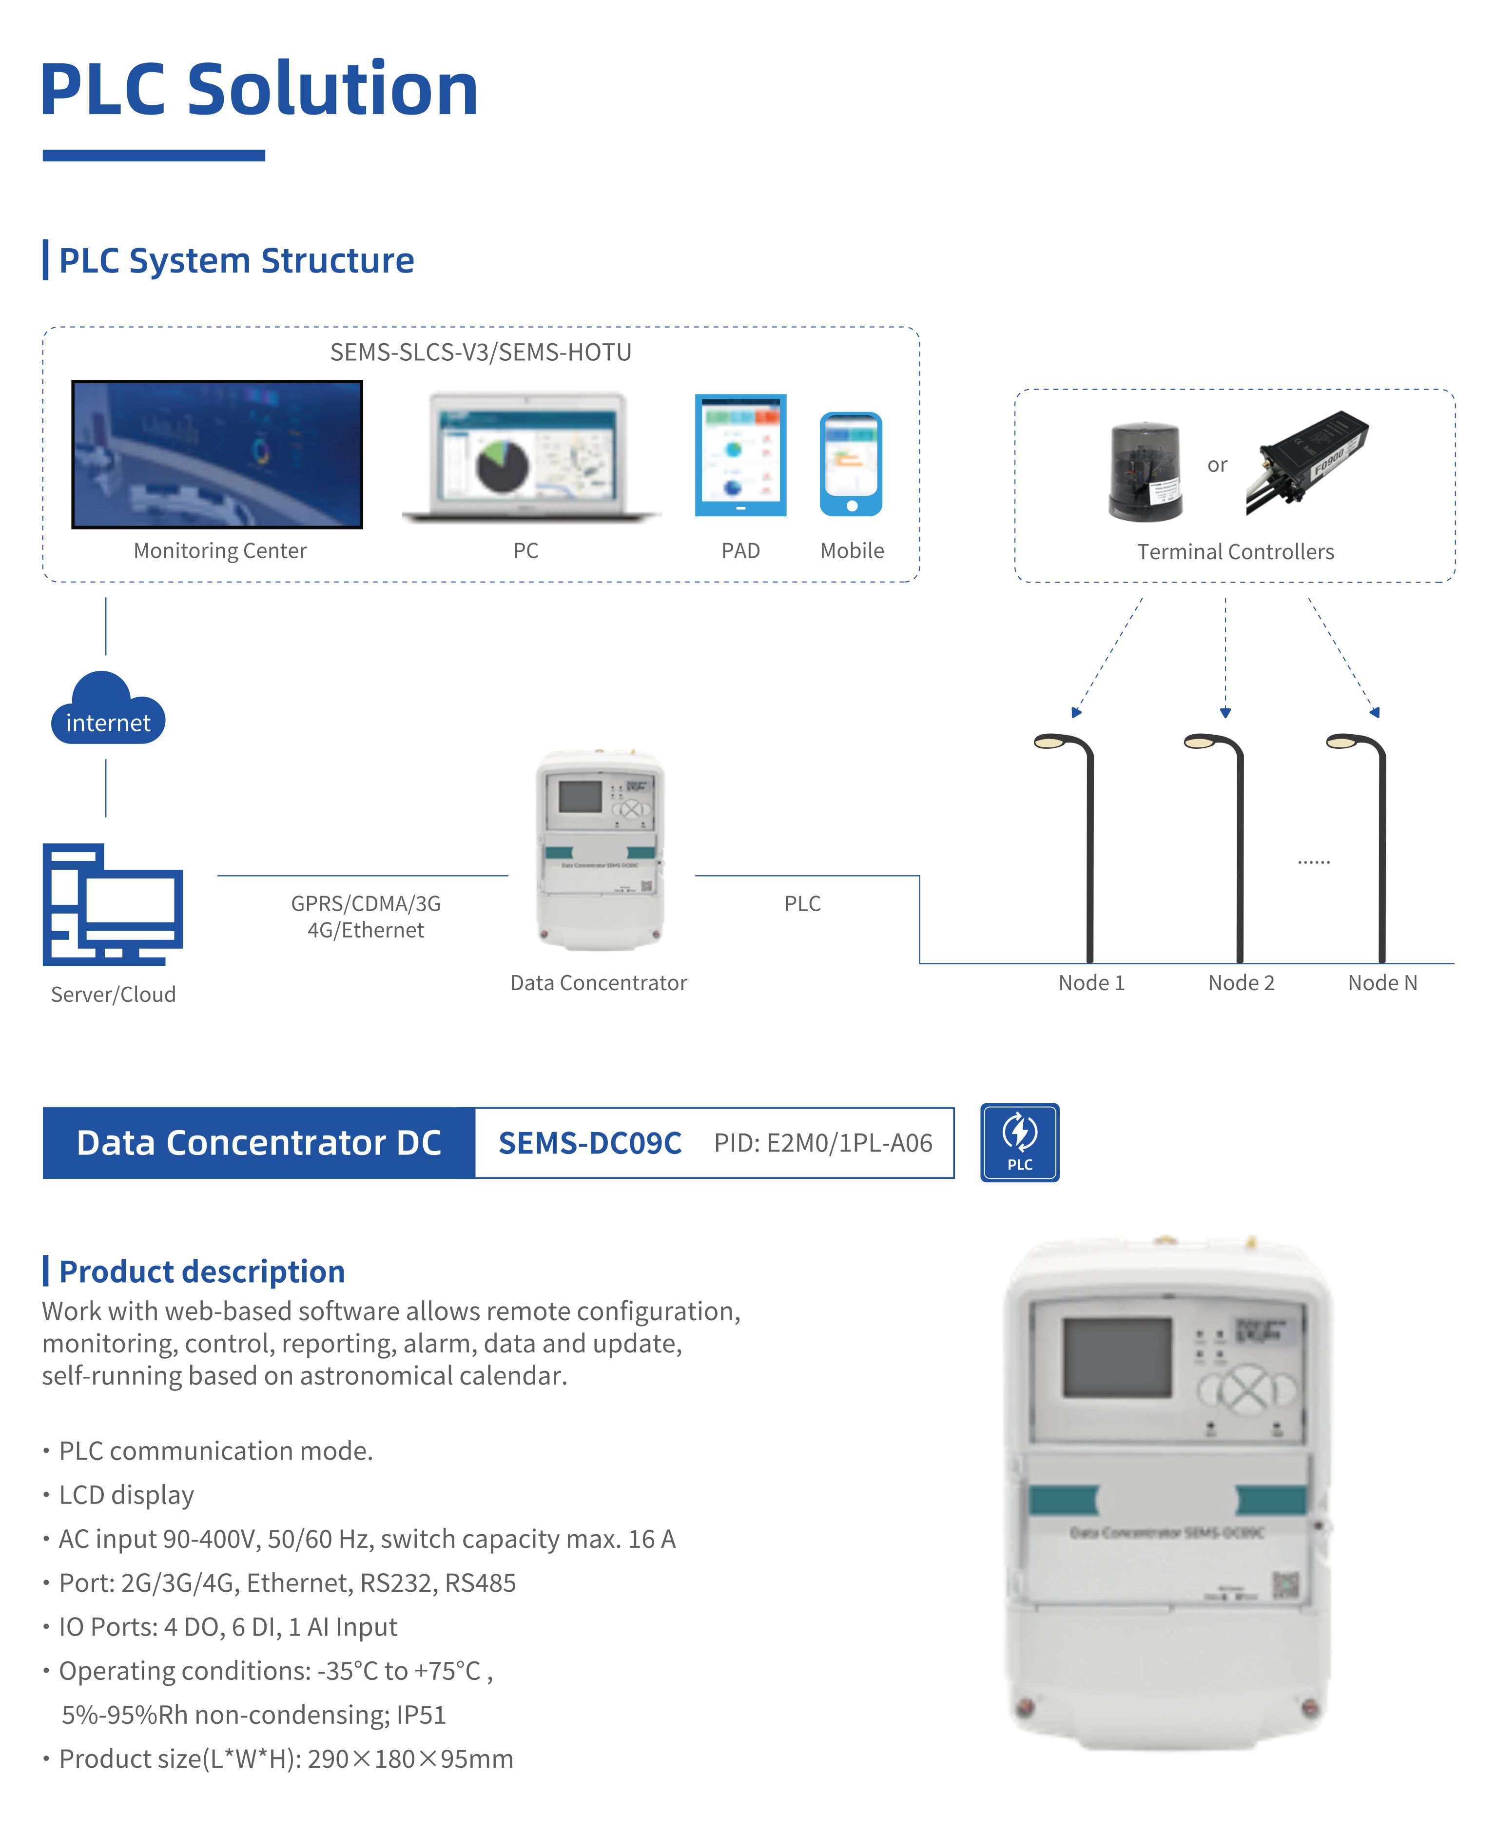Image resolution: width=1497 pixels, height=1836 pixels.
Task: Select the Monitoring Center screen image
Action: coord(217,453)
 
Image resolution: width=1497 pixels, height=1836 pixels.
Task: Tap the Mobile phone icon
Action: coord(851,464)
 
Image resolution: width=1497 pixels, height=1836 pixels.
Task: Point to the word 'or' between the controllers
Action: coord(1217,465)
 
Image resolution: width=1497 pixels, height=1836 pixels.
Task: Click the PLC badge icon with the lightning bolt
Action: coord(1019,1142)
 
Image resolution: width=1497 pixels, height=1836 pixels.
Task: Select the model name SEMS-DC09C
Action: coord(590,1143)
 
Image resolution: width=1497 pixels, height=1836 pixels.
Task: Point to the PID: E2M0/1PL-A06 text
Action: coord(823,1143)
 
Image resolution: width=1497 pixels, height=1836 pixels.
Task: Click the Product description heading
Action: coord(202,1271)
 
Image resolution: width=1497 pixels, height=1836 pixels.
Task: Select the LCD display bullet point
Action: coord(126,1495)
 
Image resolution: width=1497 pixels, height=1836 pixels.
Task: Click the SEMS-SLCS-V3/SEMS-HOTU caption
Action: coord(480,352)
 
